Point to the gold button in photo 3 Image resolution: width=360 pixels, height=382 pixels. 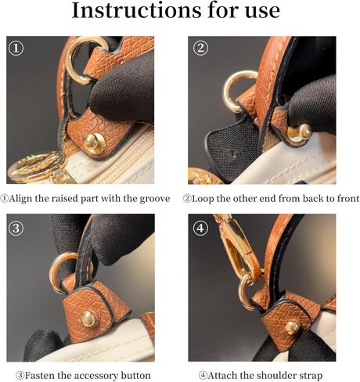(x=88, y=318)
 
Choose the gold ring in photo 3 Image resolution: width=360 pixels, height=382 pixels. (x=67, y=269)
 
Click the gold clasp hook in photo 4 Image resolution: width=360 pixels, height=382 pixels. (x=236, y=243)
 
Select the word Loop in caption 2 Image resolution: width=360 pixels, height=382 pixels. (x=211, y=199)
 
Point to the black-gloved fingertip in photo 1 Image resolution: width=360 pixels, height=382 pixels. (x=117, y=98)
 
